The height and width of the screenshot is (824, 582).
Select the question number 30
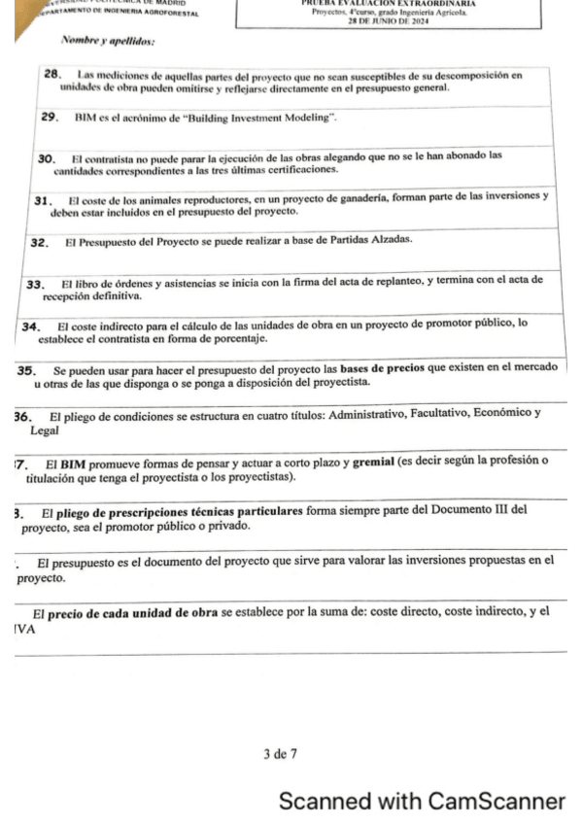coord(44,156)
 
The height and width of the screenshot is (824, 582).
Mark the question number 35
coord(25,370)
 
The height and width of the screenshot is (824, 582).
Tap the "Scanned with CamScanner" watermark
coord(421,802)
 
